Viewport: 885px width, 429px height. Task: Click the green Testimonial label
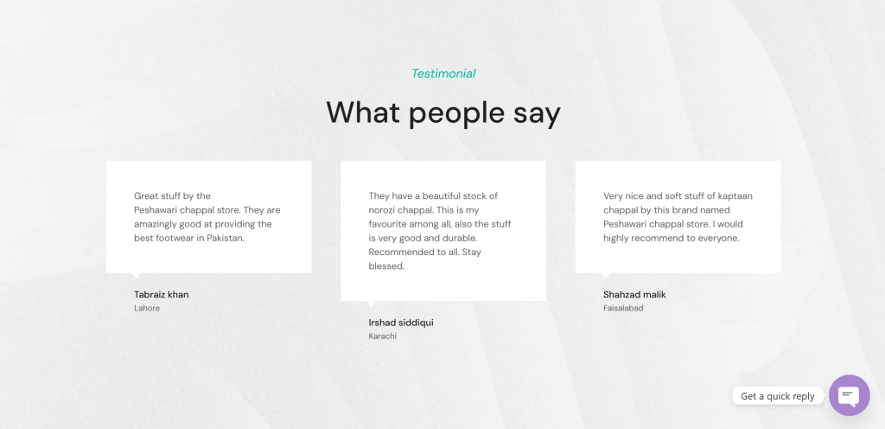pos(443,74)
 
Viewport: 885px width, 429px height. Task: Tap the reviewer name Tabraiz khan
pos(162,294)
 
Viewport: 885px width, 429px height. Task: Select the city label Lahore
pos(147,308)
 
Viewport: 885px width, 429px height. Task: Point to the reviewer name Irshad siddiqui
pos(401,323)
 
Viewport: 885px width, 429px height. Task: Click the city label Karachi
pos(382,336)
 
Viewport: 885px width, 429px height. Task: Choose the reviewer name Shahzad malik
pos(634,294)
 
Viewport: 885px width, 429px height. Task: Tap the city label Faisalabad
pos(623,308)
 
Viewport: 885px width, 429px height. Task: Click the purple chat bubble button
pos(849,395)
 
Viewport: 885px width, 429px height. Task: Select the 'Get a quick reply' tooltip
pos(778,395)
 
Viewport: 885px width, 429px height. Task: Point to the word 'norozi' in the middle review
pos(383,210)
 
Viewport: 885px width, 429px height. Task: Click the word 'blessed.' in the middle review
pos(386,266)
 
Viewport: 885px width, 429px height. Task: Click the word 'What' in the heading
pos(363,112)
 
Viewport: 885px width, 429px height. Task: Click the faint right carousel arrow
pos(799,253)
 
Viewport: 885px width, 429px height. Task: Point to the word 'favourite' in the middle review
pos(387,224)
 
